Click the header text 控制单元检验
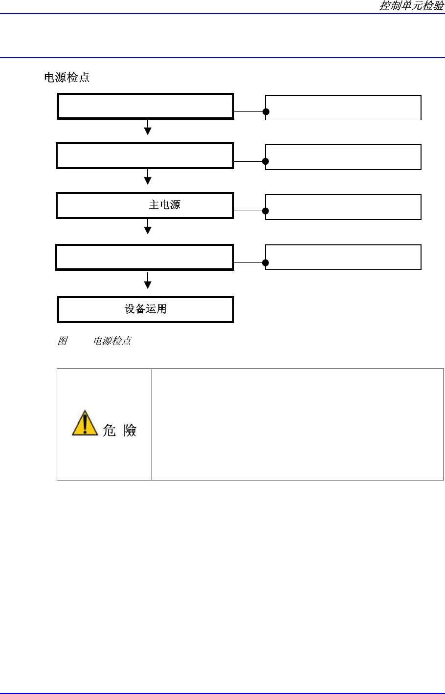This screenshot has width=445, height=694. tap(412, 6)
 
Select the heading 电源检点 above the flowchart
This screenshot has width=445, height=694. tap(67, 78)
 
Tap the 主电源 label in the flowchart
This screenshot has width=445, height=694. tap(164, 205)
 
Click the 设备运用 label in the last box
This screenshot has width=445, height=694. tap(146, 309)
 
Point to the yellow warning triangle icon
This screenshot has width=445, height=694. tap(85, 423)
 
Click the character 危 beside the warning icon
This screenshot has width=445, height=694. tap(109, 430)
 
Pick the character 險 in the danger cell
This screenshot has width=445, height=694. tap(130, 430)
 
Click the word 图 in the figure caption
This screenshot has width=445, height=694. tap(62, 341)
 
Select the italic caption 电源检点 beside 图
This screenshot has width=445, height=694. tap(112, 341)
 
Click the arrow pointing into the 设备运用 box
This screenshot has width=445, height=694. tap(148, 282)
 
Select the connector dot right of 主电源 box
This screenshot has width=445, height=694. tap(266, 211)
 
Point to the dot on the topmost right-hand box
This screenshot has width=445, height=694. tap(266, 111)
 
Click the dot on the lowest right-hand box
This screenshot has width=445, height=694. tap(266, 262)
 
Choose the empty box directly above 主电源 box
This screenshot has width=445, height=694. tap(145, 155)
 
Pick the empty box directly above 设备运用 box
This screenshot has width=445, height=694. tap(145, 257)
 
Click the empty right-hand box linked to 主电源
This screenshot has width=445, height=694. tap(343, 207)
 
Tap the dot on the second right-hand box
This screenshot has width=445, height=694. tap(266, 161)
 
